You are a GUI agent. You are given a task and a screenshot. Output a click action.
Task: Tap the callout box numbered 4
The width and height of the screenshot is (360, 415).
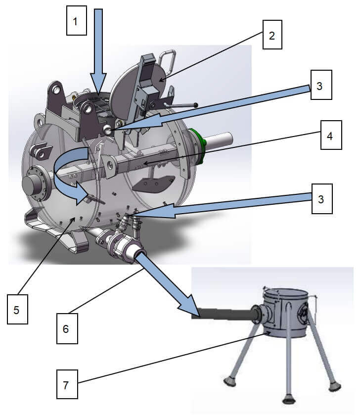point(330,135)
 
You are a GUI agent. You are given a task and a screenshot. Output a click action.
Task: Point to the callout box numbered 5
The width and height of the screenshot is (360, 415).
point(17,310)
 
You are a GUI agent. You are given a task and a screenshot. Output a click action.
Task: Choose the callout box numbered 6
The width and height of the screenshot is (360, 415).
point(66,328)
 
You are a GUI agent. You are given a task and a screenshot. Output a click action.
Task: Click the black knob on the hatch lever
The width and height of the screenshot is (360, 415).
point(196,105)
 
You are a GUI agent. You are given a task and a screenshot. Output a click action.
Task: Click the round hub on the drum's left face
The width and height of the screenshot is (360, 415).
point(33,184)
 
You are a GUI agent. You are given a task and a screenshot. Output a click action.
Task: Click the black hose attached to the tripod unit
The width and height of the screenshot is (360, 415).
point(223,313)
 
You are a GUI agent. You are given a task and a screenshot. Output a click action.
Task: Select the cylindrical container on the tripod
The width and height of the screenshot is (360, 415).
point(284,312)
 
